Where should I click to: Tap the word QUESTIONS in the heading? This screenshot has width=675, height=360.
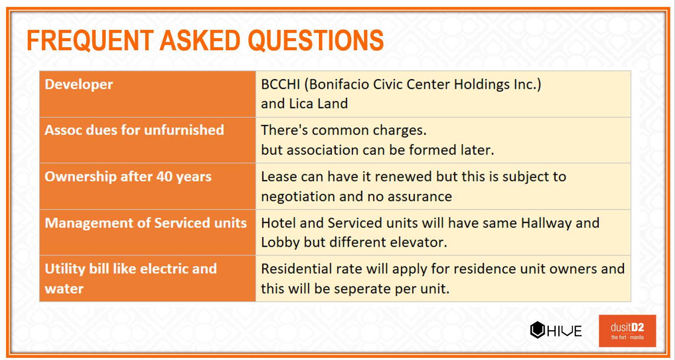coord(316,40)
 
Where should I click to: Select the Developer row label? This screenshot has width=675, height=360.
coord(79,84)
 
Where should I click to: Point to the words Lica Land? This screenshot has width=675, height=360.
coord(318,104)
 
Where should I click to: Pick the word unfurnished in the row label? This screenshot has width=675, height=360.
coord(184,130)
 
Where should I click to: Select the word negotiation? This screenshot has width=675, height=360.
coord(298,197)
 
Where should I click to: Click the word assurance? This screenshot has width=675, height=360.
coord(420,197)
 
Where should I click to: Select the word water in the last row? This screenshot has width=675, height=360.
coord(64,289)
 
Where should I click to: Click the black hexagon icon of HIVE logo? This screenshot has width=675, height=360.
coord(537,330)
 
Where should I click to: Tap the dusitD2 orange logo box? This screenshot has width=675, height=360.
coord(627,331)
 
